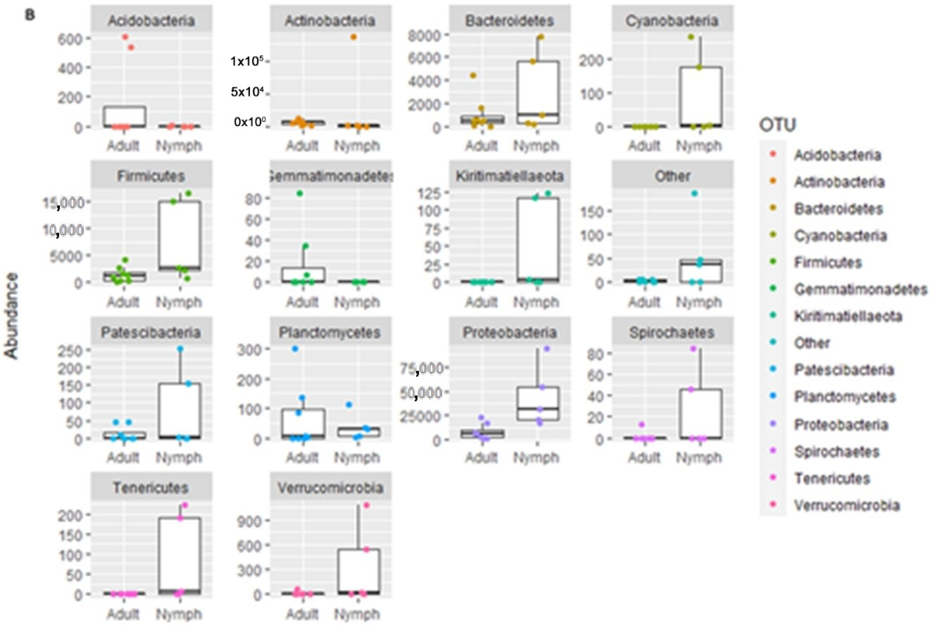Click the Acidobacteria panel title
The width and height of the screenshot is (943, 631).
click(151, 20)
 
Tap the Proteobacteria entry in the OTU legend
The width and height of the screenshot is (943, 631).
click(841, 424)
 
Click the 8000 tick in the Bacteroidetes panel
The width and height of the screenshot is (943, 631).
click(424, 36)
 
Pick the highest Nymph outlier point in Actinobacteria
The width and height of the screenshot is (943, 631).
click(354, 37)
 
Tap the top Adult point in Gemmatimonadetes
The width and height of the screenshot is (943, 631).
click(300, 194)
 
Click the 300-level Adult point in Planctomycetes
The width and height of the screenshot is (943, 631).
click(295, 349)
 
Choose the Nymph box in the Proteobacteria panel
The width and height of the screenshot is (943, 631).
click(538, 404)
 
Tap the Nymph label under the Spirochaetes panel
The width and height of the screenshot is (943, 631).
click(699, 458)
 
